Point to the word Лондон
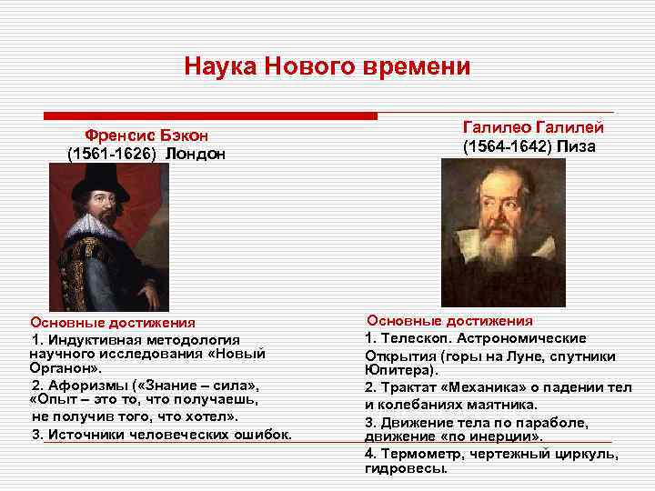coord(196,154)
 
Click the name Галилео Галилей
coord(533,127)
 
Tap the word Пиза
coord(577,146)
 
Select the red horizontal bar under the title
coord(210,116)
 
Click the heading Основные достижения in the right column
coord(449,320)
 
